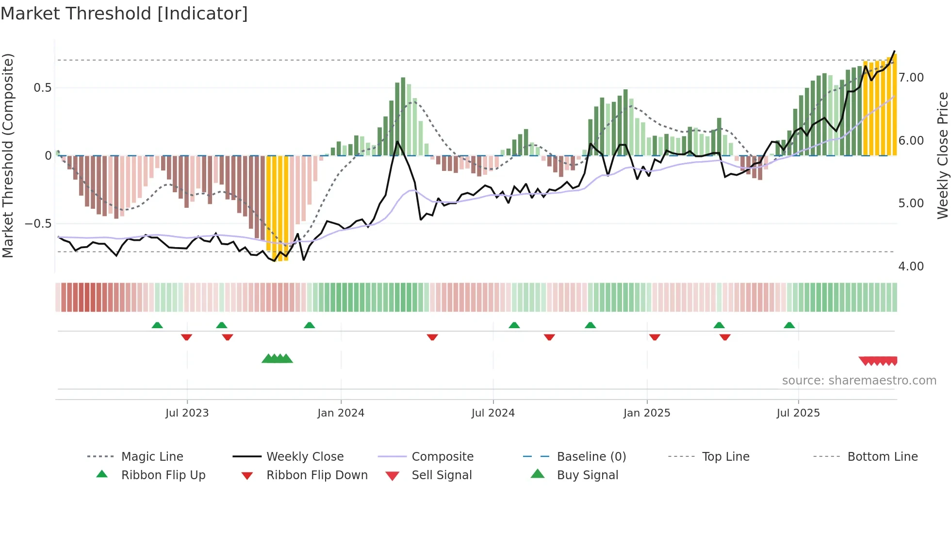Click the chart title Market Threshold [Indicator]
pyautogui.click(x=124, y=14)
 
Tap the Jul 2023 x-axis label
pyautogui.click(x=187, y=413)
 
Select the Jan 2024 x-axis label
pyautogui.click(x=341, y=413)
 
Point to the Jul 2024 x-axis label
pyautogui.click(x=493, y=413)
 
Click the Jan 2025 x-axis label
pyautogui.click(x=647, y=413)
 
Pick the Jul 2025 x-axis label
pyautogui.click(x=798, y=413)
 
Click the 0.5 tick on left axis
pyautogui.click(x=42, y=88)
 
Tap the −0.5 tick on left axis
pyautogui.click(x=38, y=224)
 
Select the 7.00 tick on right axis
pyautogui.click(x=911, y=78)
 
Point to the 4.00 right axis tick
pyautogui.click(x=911, y=267)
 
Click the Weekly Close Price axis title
pyautogui.click(x=942, y=155)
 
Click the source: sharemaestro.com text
pyautogui.click(x=859, y=381)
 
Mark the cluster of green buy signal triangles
pyautogui.click(x=277, y=359)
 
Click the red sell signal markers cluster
pyautogui.click(x=878, y=361)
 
